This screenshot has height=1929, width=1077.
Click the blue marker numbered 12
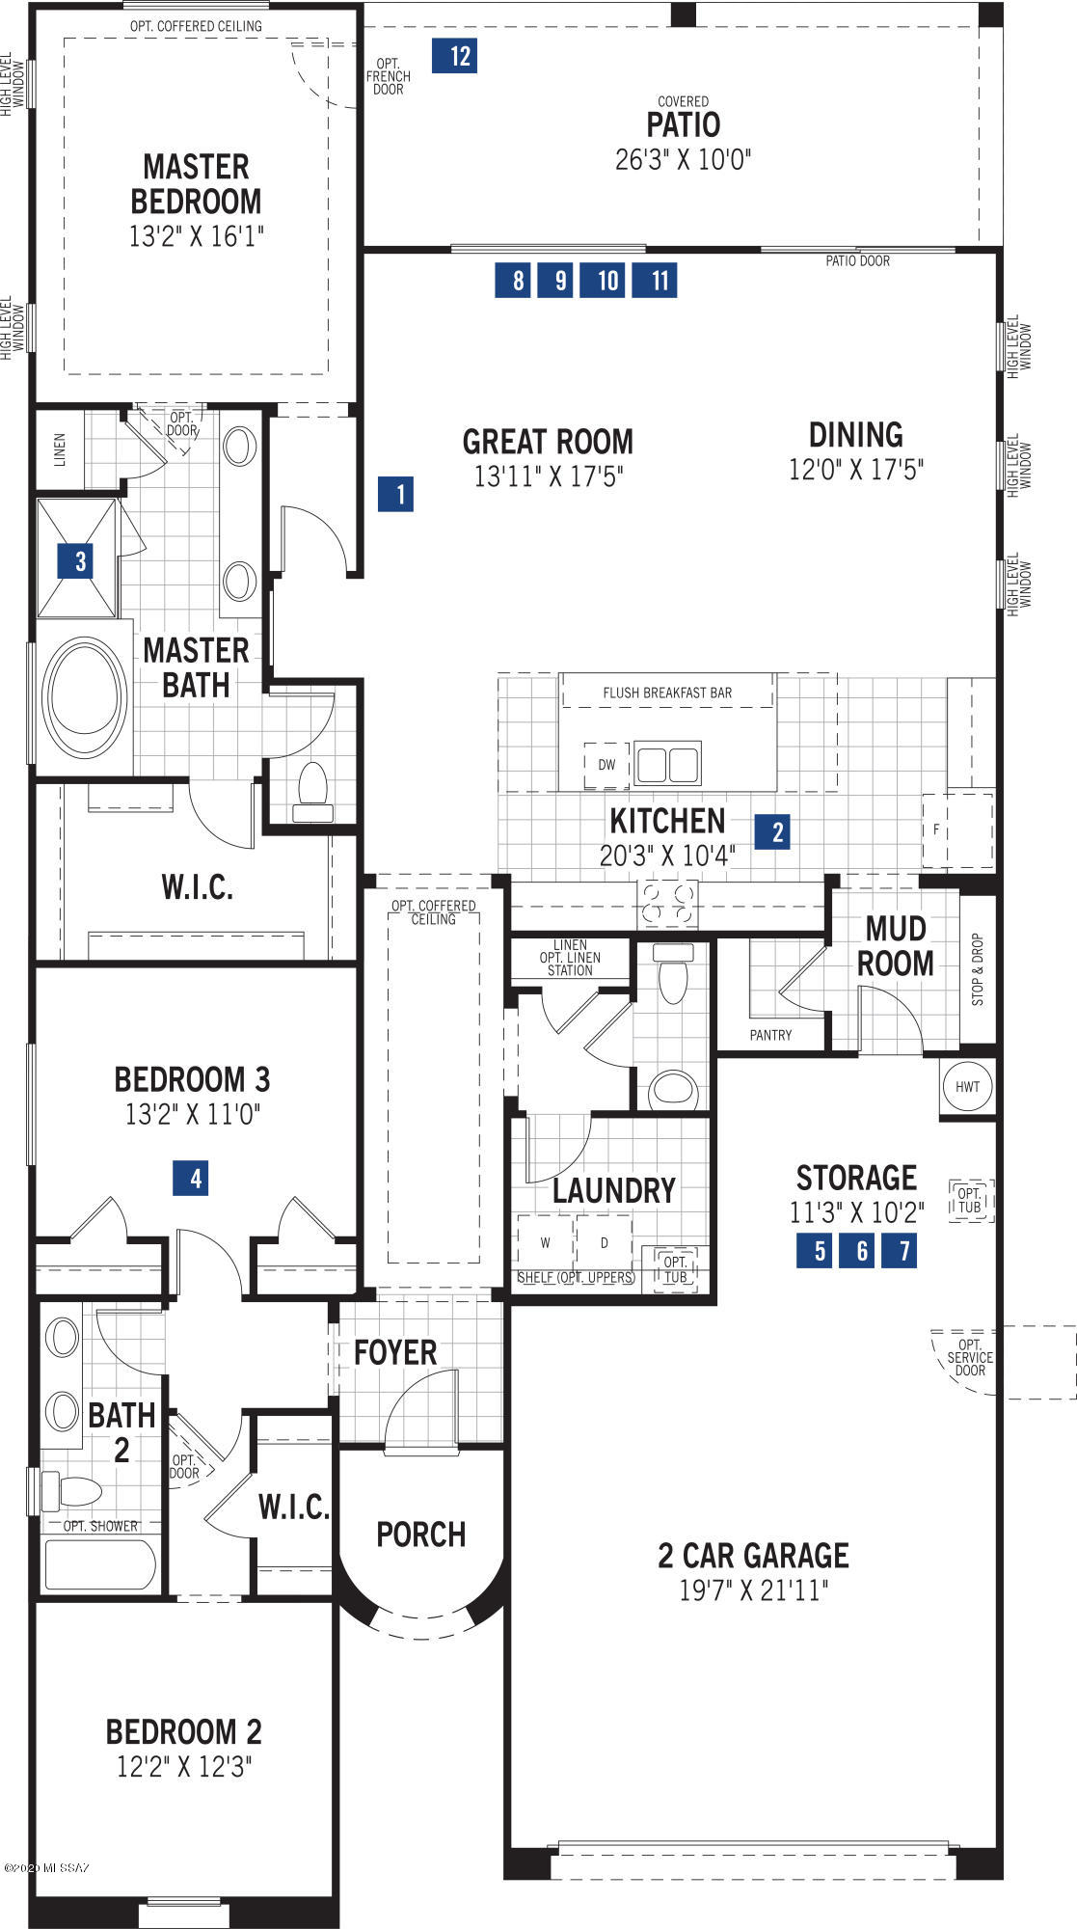pyautogui.click(x=454, y=56)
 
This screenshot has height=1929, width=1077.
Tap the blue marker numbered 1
pyautogui.click(x=396, y=495)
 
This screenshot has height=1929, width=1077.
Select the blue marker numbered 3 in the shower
pyautogui.click(x=76, y=560)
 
